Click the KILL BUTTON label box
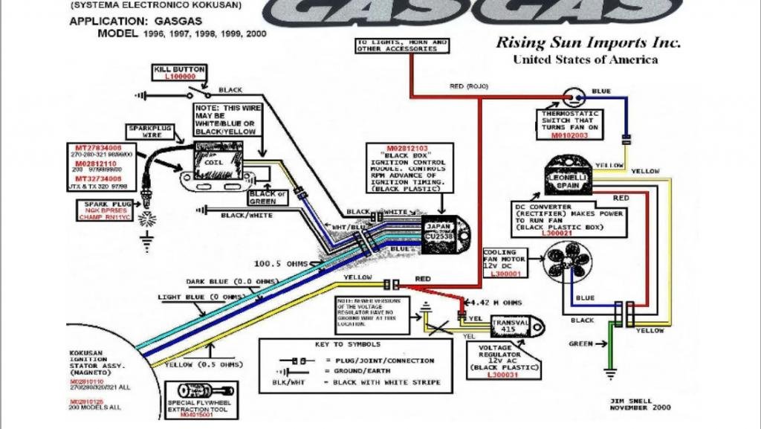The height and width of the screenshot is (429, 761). point(178,69)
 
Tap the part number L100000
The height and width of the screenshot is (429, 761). point(178,77)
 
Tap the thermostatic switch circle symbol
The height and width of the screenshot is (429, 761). point(573,97)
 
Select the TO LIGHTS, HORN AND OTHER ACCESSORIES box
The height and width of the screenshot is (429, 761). point(401,45)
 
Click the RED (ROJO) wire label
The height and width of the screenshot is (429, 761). point(467,86)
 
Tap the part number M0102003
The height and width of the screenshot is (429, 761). point(569,137)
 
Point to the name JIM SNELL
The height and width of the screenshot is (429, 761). point(631,399)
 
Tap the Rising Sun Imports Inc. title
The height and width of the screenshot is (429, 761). point(588,42)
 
